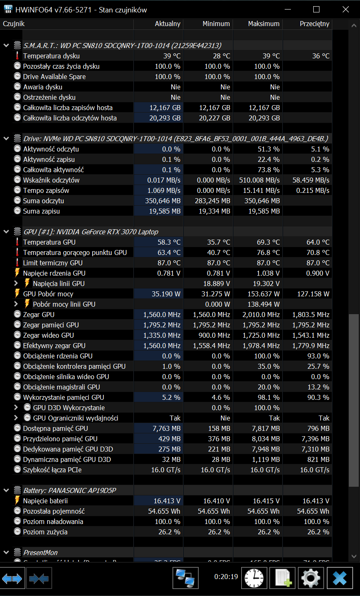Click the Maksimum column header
coord(264,24)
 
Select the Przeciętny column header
coord(314,24)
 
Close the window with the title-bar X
coord(346,10)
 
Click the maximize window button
coord(316,10)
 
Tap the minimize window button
coord(288,10)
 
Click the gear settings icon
coord(310,578)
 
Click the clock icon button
coord(254,578)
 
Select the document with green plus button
coord(283,578)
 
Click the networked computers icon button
coord(185,578)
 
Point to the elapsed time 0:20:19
coord(226,577)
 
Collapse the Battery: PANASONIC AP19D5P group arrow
coord(6,490)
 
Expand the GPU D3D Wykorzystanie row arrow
coord(16,407)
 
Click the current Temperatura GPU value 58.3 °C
coord(169,242)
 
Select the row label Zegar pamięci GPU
coord(51,325)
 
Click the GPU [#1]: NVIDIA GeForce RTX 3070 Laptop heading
coord(91,232)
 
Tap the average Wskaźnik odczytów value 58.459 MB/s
coord(311,180)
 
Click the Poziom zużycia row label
coord(45,532)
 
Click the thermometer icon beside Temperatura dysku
coord(17,56)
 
